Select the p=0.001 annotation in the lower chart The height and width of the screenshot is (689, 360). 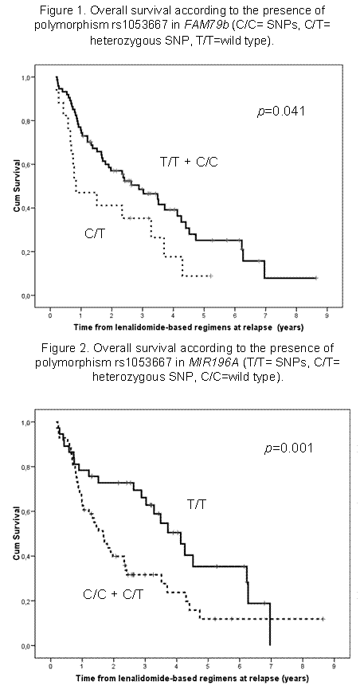(x=284, y=448)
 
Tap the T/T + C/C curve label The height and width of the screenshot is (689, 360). (x=189, y=162)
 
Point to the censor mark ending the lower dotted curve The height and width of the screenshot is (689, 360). (x=324, y=619)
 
